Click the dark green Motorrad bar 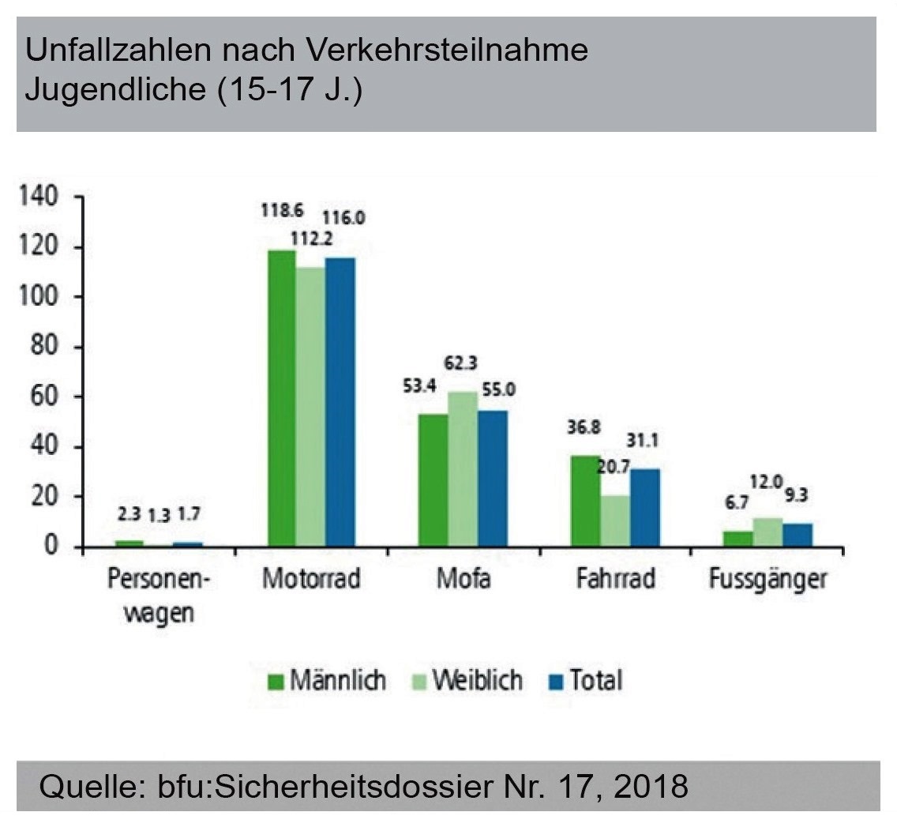(282, 398)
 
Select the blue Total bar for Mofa (494, 479)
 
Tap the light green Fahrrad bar (615, 521)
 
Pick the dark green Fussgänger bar (738, 538)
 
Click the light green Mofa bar (463, 469)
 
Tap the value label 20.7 (613, 468)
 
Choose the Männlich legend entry (327, 680)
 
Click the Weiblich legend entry (477, 680)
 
